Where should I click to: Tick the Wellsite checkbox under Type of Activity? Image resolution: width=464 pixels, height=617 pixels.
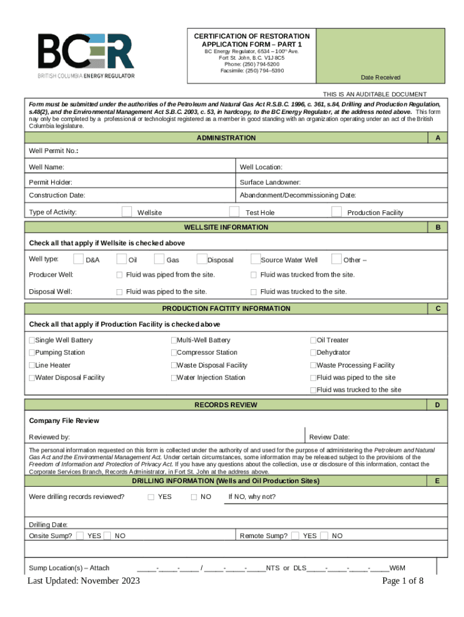(127, 211)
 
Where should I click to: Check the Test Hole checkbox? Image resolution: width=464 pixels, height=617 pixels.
(234, 211)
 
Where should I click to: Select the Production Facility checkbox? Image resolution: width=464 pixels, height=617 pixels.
(336, 211)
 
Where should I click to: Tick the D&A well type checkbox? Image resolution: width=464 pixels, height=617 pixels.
(78, 259)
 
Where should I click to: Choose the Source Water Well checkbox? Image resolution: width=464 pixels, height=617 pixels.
(255, 259)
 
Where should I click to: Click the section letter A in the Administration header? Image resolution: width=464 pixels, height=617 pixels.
(437, 138)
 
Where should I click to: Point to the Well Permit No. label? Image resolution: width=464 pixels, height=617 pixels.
(54, 151)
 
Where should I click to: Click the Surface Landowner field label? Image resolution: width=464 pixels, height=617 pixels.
(270, 182)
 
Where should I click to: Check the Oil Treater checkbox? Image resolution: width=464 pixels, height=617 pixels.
(313, 340)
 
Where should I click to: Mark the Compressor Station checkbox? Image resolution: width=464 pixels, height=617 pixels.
(174, 352)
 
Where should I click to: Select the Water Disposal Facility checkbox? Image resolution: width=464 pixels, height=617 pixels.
(32, 378)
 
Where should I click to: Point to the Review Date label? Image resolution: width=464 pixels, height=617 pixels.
(329, 437)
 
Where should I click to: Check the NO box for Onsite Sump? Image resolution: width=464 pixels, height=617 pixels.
(107, 536)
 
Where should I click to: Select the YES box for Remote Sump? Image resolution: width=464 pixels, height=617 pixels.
(295, 536)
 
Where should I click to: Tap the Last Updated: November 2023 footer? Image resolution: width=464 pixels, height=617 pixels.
(84, 581)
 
